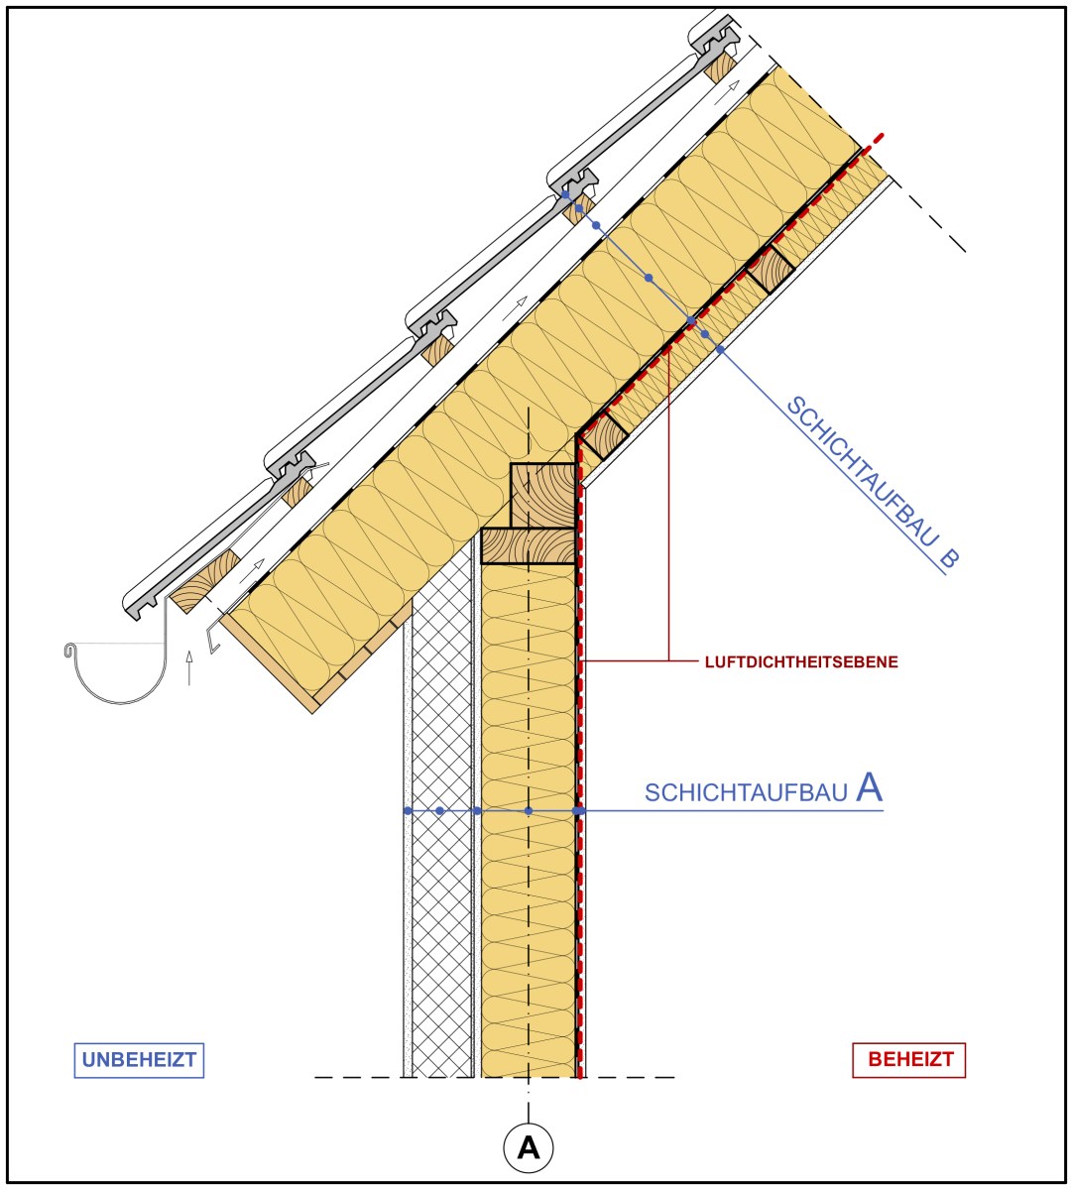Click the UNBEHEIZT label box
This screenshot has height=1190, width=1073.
(139, 1060)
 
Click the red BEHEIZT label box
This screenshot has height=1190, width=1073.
(909, 1059)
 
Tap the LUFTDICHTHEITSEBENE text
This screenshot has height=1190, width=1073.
(801, 662)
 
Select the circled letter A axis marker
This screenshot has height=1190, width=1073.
(529, 1147)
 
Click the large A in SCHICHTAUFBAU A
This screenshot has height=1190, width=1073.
(869, 787)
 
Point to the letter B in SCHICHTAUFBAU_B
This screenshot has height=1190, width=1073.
(949, 558)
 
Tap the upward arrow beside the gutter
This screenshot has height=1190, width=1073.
(189, 667)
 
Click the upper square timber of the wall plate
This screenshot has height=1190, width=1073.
(543, 496)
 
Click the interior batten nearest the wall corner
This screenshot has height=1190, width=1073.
(603, 435)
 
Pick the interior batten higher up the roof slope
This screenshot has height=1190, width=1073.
(771, 270)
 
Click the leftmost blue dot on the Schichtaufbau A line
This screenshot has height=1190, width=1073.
(408, 810)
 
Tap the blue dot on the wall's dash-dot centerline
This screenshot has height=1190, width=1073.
(529, 810)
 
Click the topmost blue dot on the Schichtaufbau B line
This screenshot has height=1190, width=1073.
(565, 194)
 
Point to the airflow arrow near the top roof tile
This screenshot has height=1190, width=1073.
(726, 93)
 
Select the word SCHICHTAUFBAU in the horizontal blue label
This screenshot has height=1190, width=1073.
(746, 793)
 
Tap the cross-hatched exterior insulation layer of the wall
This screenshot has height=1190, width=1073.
(441, 830)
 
